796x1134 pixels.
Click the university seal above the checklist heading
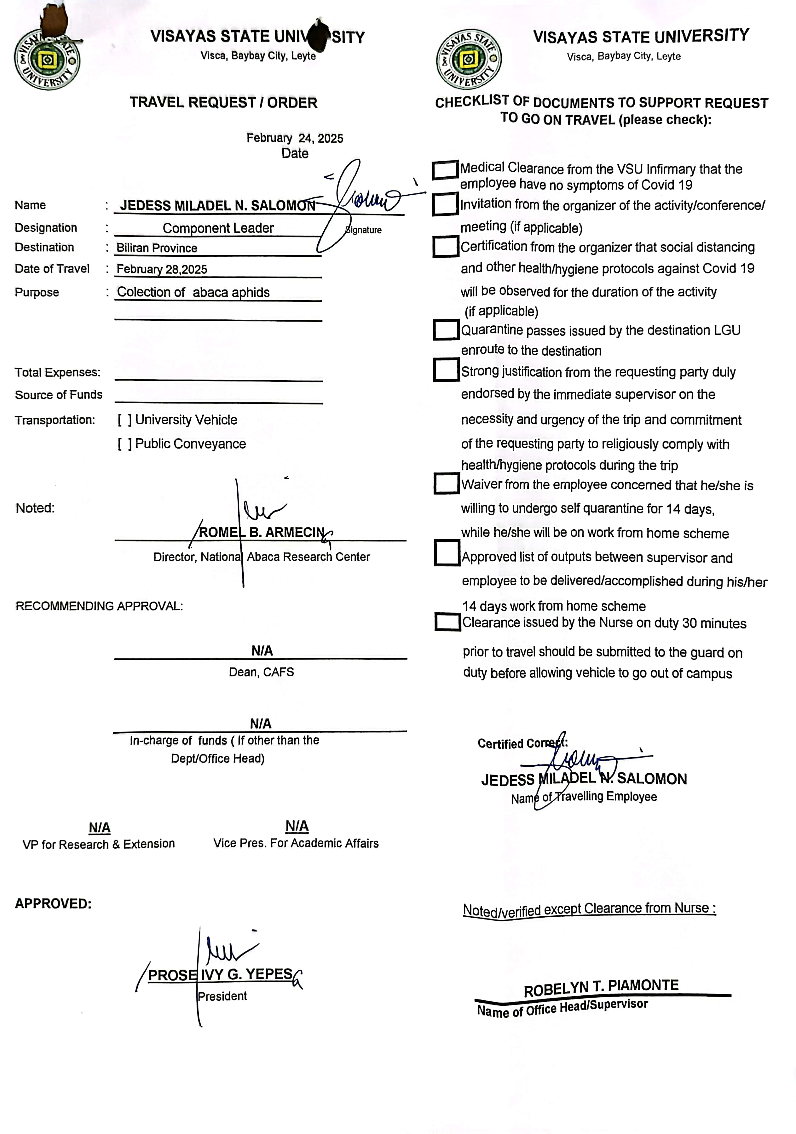point(468,59)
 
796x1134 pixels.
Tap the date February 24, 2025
point(295,138)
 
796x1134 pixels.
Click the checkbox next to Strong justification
point(446,370)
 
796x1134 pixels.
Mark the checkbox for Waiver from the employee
point(447,484)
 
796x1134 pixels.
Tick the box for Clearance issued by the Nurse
point(448,622)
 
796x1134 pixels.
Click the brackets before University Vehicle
point(124,420)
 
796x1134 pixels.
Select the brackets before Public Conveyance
point(124,444)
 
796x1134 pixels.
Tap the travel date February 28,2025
point(162,269)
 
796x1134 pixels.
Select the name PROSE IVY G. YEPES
point(220,975)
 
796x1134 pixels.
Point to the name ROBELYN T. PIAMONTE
point(601,988)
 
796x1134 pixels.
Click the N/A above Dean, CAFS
point(262,651)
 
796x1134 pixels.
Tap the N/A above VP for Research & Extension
point(99,828)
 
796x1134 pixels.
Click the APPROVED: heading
point(53,904)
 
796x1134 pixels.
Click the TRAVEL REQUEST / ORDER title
point(223,103)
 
